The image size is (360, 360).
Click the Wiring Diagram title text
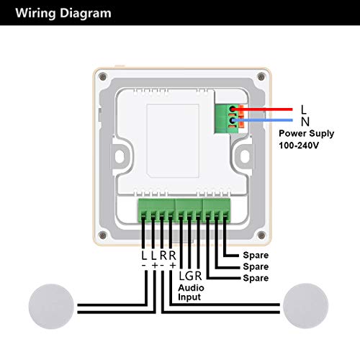click(63, 13)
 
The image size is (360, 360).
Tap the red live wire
click(262, 109)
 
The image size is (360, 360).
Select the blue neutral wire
click(262, 120)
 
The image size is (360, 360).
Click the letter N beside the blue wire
click(305, 122)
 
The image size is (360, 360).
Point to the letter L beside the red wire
click(304, 109)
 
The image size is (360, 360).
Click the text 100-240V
click(299, 145)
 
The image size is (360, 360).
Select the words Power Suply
click(306, 134)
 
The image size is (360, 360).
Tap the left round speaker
click(51, 306)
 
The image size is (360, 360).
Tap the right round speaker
click(306, 306)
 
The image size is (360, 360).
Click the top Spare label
click(256, 255)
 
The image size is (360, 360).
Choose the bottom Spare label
click(256, 278)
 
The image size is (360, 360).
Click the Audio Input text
click(191, 292)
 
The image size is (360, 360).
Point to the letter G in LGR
click(189, 276)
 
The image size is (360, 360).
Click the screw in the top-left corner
click(103, 77)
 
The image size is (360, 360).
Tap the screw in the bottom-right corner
click(261, 235)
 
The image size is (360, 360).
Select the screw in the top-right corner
click(261, 77)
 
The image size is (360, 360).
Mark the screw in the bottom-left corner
click(103, 235)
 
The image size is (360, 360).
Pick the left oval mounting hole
click(120, 156)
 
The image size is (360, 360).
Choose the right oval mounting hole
click(245, 156)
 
